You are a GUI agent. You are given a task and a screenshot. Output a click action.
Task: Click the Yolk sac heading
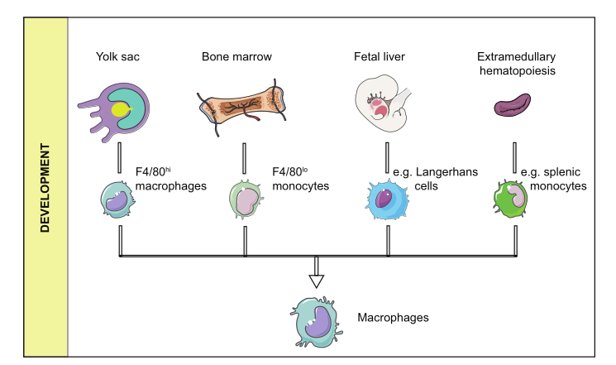point(117,56)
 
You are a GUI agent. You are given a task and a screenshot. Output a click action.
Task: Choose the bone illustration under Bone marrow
point(244,106)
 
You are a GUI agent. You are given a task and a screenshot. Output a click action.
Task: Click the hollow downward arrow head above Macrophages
point(317,279)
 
